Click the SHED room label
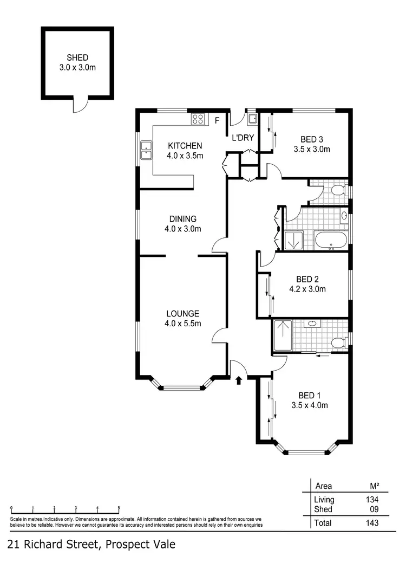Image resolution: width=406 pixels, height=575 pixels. (77, 57)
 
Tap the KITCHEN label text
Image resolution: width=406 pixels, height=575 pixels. (185, 146)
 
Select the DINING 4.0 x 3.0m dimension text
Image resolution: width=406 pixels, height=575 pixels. (182, 229)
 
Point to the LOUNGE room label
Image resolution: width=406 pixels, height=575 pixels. (182, 314)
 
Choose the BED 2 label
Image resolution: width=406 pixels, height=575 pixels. (307, 279)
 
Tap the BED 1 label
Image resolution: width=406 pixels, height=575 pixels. (309, 395)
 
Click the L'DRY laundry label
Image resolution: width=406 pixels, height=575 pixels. (243, 138)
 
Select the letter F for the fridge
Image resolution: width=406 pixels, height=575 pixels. (217, 120)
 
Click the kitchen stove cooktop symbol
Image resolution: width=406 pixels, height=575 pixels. (198, 119)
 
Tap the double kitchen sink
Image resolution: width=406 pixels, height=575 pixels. (146, 150)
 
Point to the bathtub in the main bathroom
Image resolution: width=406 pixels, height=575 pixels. (331, 240)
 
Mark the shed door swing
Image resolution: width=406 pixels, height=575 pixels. (80, 106)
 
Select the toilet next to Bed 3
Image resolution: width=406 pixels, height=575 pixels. (338, 191)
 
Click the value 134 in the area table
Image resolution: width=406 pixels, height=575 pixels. (371, 500)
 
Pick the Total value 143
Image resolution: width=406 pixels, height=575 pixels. (371, 523)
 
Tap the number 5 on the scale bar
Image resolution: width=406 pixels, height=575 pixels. (119, 508)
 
